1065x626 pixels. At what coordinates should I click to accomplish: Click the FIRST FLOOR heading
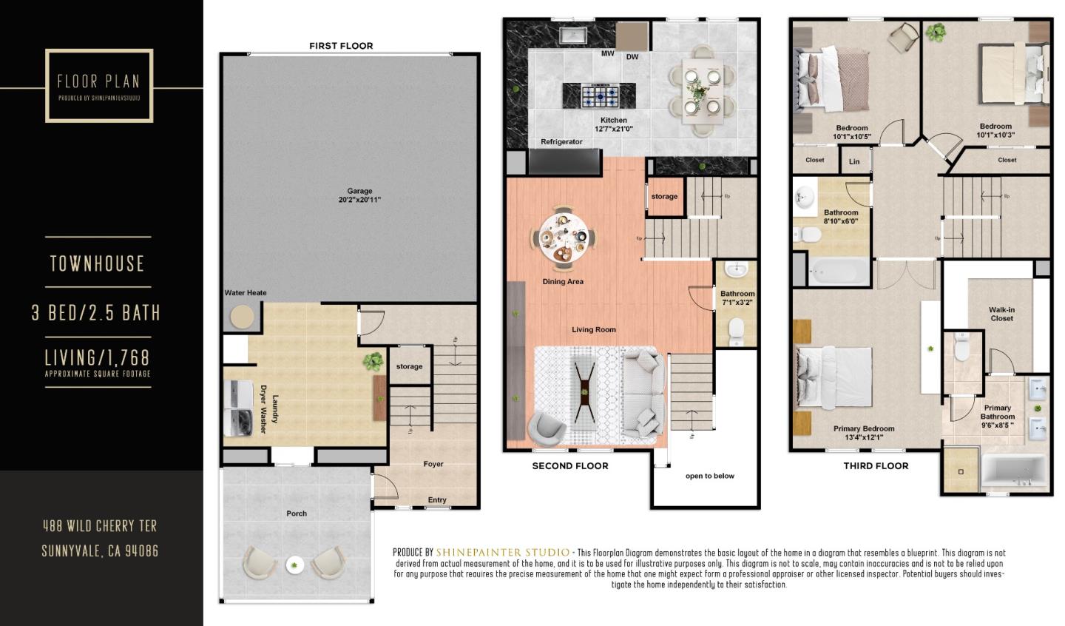point(341,46)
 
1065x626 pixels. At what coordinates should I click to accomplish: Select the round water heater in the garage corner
point(241,317)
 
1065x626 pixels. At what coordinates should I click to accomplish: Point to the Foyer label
point(433,464)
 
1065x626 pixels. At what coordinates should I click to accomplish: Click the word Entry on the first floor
point(437,500)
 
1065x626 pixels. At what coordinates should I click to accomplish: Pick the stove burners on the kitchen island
point(599,95)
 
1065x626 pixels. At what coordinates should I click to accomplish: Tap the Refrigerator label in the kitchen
point(561,141)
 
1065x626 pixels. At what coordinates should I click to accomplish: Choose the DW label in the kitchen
point(632,57)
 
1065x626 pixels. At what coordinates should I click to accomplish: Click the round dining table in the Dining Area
point(562,237)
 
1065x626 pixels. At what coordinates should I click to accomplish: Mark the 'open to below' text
point(710,476)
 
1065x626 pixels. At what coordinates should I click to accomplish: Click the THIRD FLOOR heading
point(876,466)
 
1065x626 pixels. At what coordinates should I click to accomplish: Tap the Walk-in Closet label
point(1001,314)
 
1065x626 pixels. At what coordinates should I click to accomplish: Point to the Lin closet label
point(854,161)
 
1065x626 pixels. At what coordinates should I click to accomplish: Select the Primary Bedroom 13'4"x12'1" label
point(864,433)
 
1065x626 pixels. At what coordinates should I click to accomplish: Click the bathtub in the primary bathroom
point(1014,471)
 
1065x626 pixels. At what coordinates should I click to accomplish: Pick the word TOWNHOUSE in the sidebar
point(97,263)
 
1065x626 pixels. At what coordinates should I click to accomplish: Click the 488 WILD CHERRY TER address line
point(100,526)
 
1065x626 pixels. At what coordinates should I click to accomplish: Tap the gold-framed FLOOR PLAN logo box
point(99,85)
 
